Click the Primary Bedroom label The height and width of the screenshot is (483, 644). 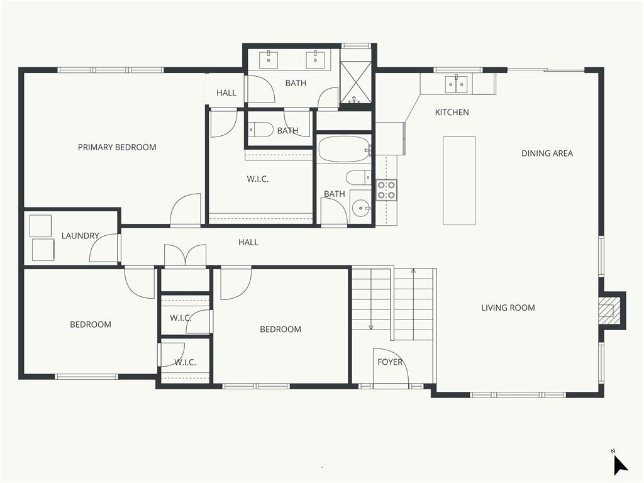[x=117, y=147]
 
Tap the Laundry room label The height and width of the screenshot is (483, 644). [x=80, y=236]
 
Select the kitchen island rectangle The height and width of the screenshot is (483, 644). [x=458, y=180]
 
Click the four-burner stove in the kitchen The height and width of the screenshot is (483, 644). [x=386, y=190]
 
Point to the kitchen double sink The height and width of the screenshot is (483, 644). [x=457, y=84]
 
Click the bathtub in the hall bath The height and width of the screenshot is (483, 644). [x=343, y=150]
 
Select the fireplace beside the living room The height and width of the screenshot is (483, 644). [x=608, y=311]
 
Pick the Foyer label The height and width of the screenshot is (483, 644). [x=390, y=362]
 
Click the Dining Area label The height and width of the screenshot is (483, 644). [x=547, y=153]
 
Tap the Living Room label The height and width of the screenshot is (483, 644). [x=508, y=308]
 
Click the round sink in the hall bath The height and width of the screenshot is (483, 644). [x=361, y=206]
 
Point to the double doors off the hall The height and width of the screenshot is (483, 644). [x=185, y=256]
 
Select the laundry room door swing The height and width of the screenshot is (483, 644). [x=104, y=248]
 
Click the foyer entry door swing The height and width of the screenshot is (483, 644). [x=390, y=367]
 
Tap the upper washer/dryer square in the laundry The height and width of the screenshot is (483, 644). [x=40, y=225]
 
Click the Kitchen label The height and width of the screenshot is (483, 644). [x=452, y=113]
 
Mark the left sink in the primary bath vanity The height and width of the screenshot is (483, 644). [x=271, y=60]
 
